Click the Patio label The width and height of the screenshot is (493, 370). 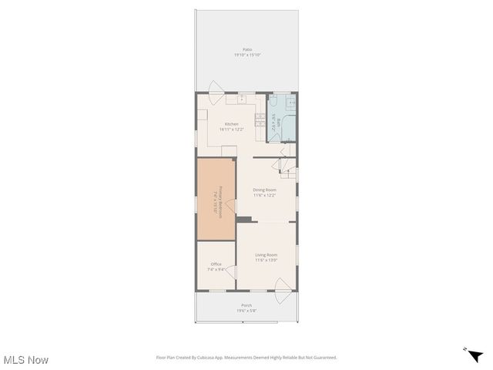pyautogui.click(x=247, y=49)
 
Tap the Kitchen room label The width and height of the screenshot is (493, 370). pyautogui.click(x=231, y=123)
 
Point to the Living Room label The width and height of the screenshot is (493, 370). pyautogui.click(x=267, y=255)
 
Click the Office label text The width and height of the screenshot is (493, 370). pyautogui.click(x=216, y=264)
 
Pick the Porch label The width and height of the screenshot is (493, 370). pyautogui.click(x=246, y=305)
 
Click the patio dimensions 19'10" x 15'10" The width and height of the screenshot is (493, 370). pyautogui.click(x=247, y=55)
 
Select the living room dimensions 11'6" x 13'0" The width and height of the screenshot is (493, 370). pyautogui.click(x=267, y=261)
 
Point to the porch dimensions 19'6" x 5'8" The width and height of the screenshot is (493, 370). pyautogui.click(x=246, y=311)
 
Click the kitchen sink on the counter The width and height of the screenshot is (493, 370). pyautogui.click(x=240, y=99)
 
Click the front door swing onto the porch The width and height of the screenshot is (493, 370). pyautogui.click(x=283, y=293)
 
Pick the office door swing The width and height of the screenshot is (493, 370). pyautogui.click(x=230, y=272)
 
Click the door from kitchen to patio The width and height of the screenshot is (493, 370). pyautogui.click(x=216, y=87)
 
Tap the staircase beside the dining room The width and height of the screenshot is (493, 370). pyautogui.click(x=288, y=166)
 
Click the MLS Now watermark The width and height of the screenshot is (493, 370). pyautogui.click(x=25, y=360)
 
